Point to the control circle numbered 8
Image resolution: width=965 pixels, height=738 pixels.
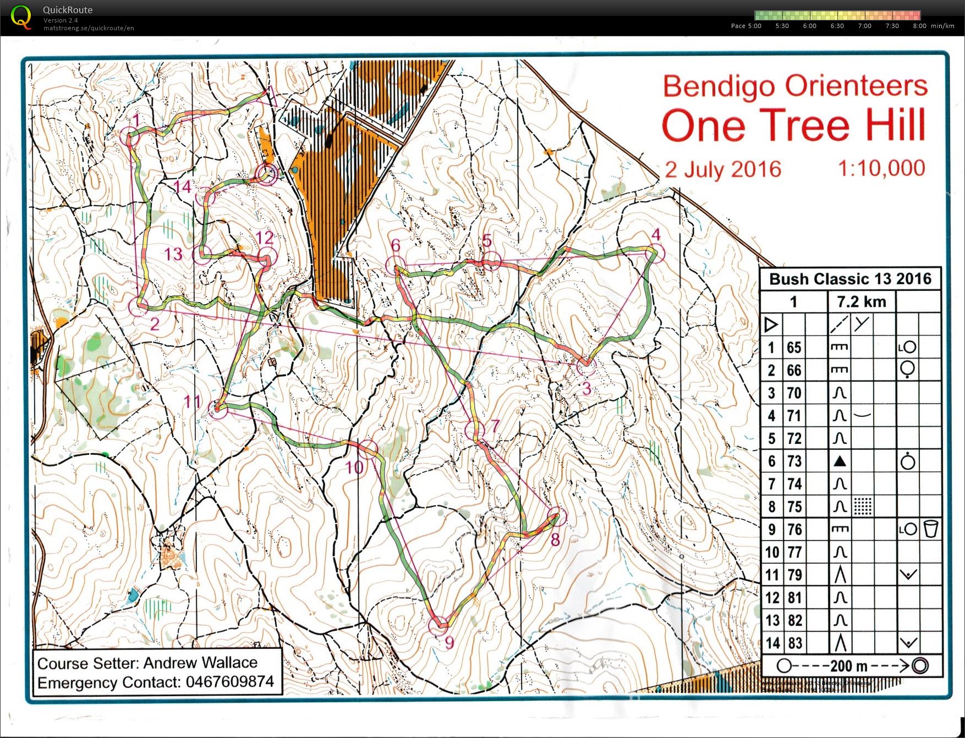(x=557, y=517)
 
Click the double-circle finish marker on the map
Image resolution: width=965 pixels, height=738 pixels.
(x=267, y=174)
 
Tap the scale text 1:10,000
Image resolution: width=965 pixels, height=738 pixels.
(x=881, y=168)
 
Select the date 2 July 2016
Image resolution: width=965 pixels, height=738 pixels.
(x=723, y=169)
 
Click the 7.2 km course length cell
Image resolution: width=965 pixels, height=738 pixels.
(x=861, y=301)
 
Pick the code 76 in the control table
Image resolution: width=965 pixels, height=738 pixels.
(x=794, y=530)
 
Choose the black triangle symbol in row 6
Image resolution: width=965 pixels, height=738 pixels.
(x=839, y=461)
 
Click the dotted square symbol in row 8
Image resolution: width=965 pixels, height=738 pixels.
(x=862, y=506)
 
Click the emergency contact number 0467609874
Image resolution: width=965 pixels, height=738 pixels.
(x=229, y=682)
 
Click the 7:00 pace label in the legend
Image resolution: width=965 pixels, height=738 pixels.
(x=864, y=26)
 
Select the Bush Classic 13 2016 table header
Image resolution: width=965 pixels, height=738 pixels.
(x=850, y=279)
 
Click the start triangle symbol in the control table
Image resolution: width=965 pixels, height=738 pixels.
(x=771, y=324)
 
